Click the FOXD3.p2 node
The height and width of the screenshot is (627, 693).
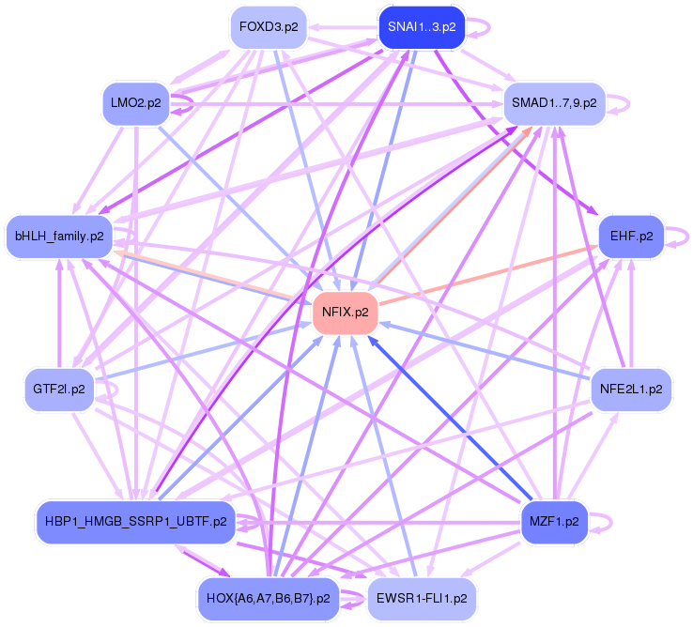click(269, 26)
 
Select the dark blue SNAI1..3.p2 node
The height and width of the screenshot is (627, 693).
click(421, 26)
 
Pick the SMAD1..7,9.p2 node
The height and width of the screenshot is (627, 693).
click(554, 102)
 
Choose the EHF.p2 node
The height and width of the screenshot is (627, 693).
click(631, 235)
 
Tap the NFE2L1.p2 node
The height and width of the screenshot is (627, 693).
click(631, 388)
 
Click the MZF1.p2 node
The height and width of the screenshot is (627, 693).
click(554, 519)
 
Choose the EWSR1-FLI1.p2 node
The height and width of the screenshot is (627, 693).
click(421, 597)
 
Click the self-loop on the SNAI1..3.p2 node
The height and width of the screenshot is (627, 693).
click(482, 26)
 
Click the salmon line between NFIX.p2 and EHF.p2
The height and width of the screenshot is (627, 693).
click(488, 272)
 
